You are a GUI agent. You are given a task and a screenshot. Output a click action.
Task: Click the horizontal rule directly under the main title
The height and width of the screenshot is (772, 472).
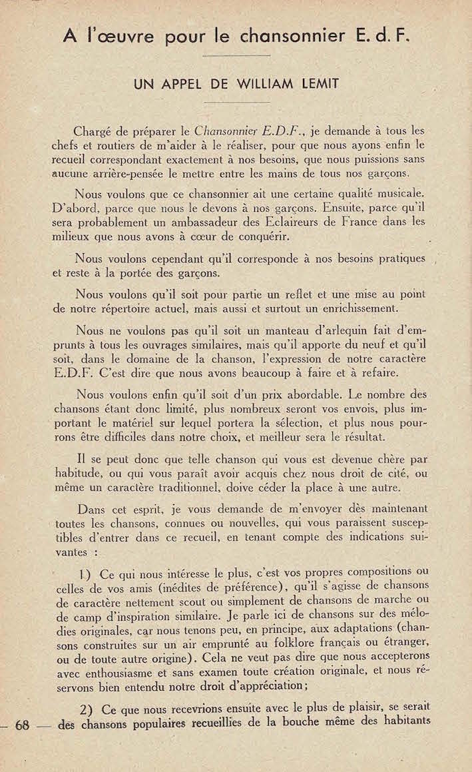(x=236, y=55)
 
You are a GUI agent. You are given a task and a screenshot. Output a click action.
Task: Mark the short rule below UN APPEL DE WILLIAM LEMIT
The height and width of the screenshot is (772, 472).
(x=236, y=102)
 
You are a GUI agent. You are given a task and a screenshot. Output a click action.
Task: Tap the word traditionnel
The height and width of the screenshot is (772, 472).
(x=169, y=488)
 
